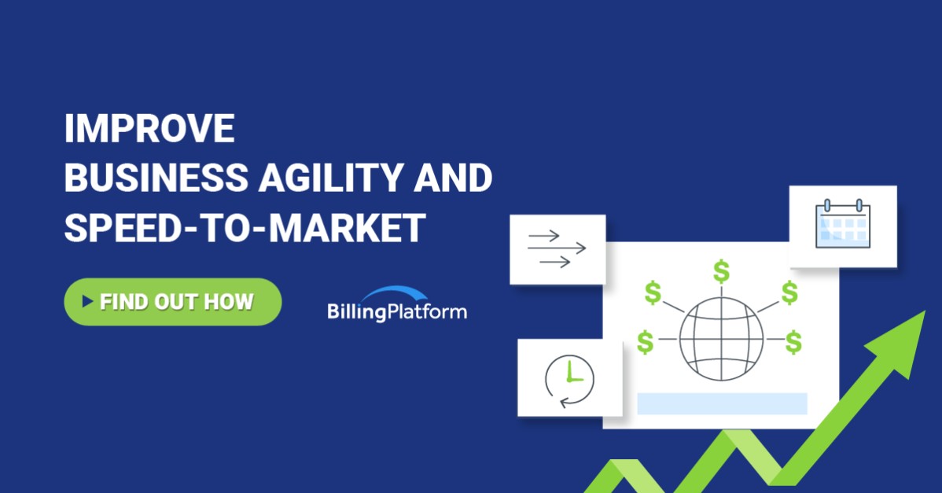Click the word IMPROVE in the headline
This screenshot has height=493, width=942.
click(x=149, y=129)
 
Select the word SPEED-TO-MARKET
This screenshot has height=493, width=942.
click(x=245, y=228)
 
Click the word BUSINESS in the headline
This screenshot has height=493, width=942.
click(x=156, y=178)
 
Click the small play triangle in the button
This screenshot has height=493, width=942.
click(x=87, y=301)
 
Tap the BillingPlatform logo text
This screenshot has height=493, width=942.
click(x=397, y=311)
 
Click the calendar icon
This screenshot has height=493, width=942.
click(x=842, y=225)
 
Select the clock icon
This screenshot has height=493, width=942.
click(x=569, y=380)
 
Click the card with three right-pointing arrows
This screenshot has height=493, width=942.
click(x=557, y=248)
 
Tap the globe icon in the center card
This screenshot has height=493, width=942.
click(x=720, y=338)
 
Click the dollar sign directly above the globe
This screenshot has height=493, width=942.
click(x=721, y=271)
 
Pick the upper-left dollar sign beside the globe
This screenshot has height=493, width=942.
click(x=653, y=292)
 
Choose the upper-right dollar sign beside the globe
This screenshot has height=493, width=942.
click(x=789, y=292)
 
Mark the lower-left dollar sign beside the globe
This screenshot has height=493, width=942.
click(x=646, y=342)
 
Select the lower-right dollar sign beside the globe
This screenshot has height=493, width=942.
click(x=793, y=342)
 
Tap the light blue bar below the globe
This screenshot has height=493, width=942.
click(x=722, y=403)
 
